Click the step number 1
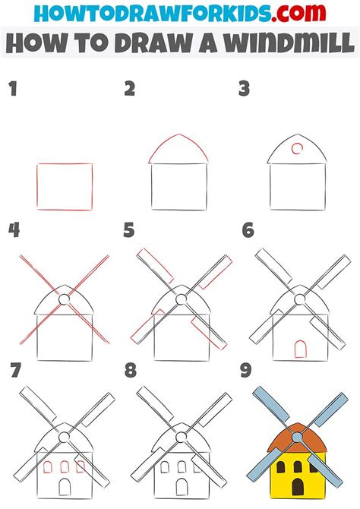point(13,89)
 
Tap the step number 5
point(129,230)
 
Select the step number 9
point(246,371)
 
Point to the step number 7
point(16,371)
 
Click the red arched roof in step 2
point(178,134)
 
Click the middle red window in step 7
point(65,467)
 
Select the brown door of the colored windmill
point(298,487)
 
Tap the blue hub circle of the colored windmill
point(297,438)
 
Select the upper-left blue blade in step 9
point(270,404)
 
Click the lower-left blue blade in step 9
point(264,464)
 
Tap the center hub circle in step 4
point(65,299)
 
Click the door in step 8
point(182,487)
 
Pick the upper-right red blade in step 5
point(215,272)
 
